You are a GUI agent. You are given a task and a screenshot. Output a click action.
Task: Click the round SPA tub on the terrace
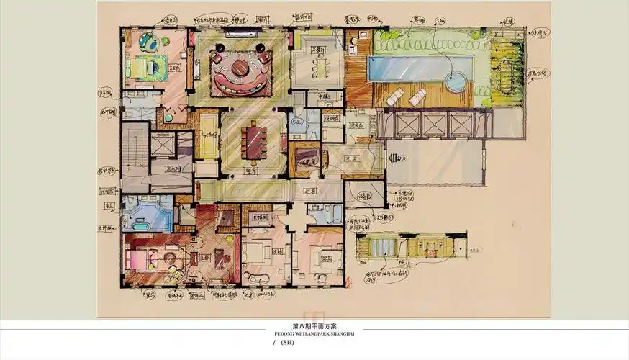[456, 81]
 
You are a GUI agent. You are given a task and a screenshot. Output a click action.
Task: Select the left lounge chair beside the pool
[394, 96]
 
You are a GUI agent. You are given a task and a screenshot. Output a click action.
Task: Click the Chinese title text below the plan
[314, 326]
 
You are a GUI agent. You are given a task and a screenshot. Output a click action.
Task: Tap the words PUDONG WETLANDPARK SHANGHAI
[314, 333]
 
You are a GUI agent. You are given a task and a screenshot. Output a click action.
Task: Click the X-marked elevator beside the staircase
[163, 145]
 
